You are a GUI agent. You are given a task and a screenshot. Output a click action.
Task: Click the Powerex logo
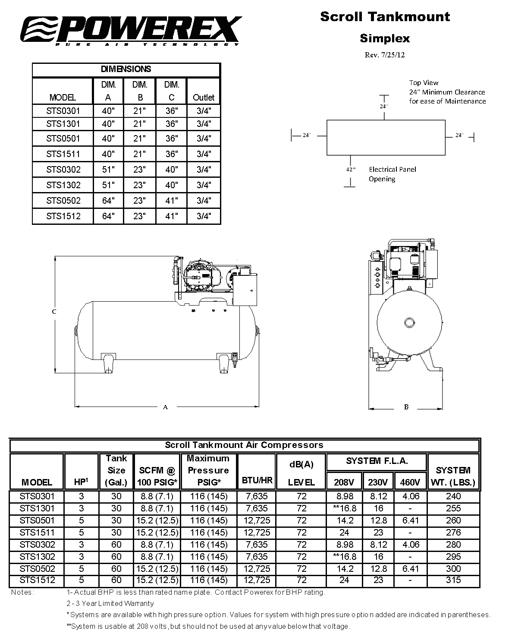pyautogui.click(x=132, y=30)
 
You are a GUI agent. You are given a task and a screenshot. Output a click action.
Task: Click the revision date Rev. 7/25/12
pyautogui.click(x=385, y=55)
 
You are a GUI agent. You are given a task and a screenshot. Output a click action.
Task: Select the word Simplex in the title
pyautogui.click(x=385, y=38)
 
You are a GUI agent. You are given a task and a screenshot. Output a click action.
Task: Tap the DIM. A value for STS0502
pyautogui.click(x=108, y=201)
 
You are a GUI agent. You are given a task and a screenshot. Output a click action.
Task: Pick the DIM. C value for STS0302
pyautogui.click(x=172, y=170)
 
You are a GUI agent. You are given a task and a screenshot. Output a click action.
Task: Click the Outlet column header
pyautogui.click(x=204, y=97)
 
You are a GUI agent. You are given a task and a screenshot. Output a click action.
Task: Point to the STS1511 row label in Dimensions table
pyautogui.click(x=63, y=154)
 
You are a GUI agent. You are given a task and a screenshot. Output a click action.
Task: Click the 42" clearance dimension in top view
pyautogui.click(x=350, y=170)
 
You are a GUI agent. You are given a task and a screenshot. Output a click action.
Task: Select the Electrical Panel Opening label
pyautogui.click(x=392, y=174)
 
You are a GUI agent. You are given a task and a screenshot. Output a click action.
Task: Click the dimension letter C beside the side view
pyautogui.click(x=54, y=312)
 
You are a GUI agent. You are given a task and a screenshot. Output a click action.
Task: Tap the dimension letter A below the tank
pyautogui.click(x=165, y=407)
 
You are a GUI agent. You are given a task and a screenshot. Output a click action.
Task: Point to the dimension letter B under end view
pyautogui.click(x=406, y=407)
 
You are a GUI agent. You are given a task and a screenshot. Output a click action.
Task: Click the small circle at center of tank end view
pyautogui.click(x=409, y=322)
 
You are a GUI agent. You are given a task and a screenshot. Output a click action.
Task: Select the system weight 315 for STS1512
pyautogui.click(x=453, y=580)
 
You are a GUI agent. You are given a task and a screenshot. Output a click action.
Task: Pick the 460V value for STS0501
pyautogui.click(x=410, y=520)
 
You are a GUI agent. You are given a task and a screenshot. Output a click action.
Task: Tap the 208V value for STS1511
pyautogui.click(x=344, y=533)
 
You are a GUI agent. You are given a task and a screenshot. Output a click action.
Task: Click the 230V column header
pyautogui.click(x=378, y=482)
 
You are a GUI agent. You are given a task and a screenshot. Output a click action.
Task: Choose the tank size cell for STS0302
pyautogui.click(x=116, y=545)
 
